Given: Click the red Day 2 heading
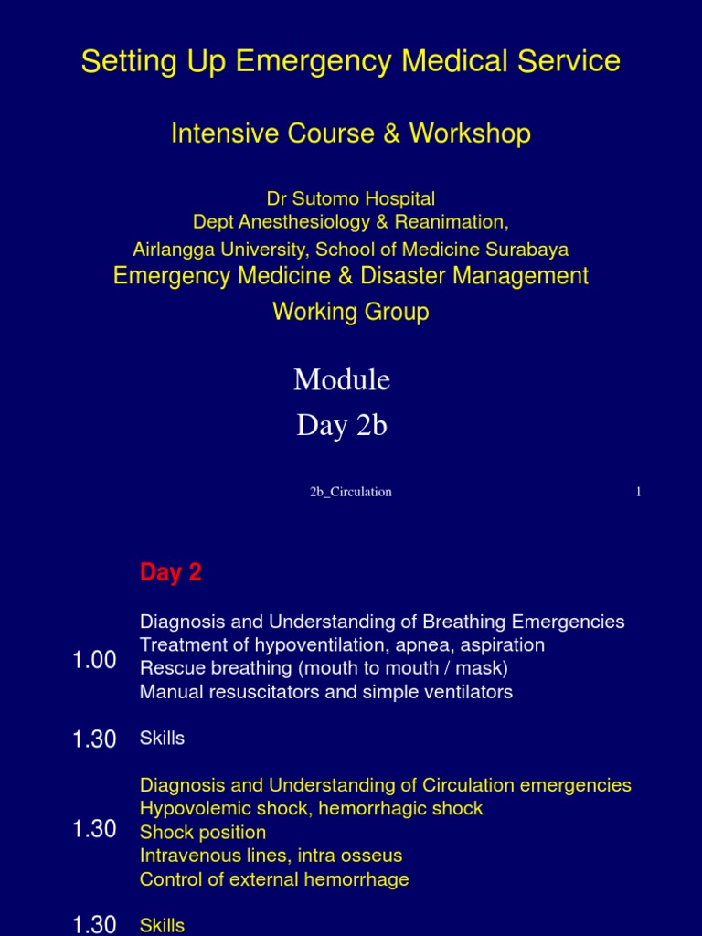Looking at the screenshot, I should pos(170,573).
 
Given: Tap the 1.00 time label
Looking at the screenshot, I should pos(94,660).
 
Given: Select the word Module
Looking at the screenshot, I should pos(342,379).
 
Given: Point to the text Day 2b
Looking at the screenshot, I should pos(342,426).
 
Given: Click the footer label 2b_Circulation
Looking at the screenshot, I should pos(351,492).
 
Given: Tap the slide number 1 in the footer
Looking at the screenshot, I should pos(639,492).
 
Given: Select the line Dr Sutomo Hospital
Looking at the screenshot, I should pos(351,198).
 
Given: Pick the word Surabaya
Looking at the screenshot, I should pos(531,250).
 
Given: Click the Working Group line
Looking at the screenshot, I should pos(351,312).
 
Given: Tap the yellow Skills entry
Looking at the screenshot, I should pos(162,926).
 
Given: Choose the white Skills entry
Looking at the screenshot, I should pos(162,739).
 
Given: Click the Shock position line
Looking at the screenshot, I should pos(203,833).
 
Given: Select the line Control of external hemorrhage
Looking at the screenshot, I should pos(274,880).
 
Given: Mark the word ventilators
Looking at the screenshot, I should pos(466,692).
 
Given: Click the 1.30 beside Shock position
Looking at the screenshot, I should pos(94,829).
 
